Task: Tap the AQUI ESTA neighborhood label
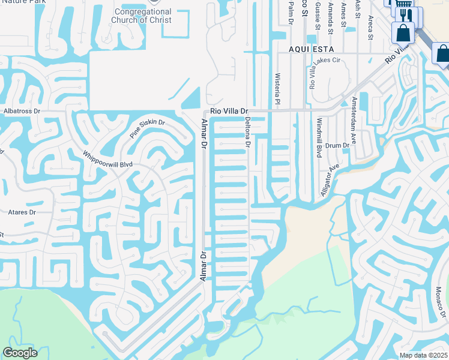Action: click(310, 49)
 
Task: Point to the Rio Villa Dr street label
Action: click(229, 112)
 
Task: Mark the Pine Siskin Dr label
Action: click(147, 128)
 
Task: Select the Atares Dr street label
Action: click(22, 212)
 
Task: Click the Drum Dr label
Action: click(337, 146)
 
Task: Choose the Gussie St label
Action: click(318, 13)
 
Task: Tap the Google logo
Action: click(20, 353)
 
